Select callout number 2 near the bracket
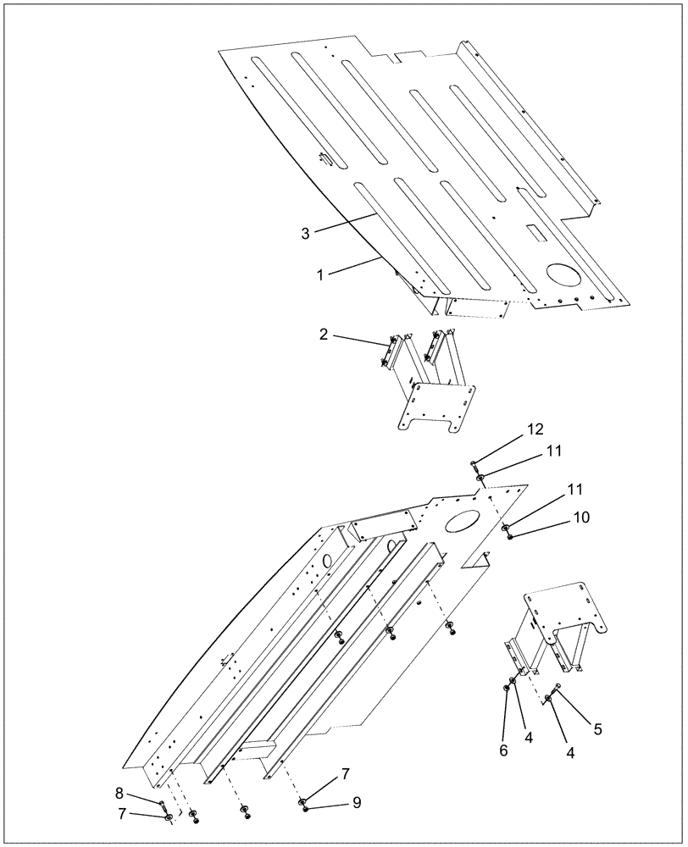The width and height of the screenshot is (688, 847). point(324,335)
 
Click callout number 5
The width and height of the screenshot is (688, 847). point(597,728)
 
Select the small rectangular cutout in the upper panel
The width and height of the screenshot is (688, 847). point(536,230)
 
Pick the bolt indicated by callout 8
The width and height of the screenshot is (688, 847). point(160,802)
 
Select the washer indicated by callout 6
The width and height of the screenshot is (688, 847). point(507,689)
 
